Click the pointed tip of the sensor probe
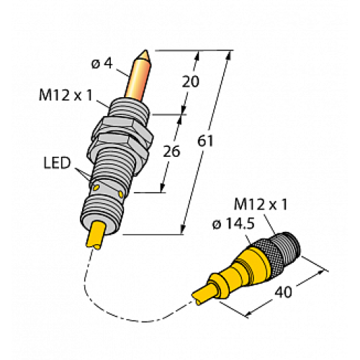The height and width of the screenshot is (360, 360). (x=147, y=53)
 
